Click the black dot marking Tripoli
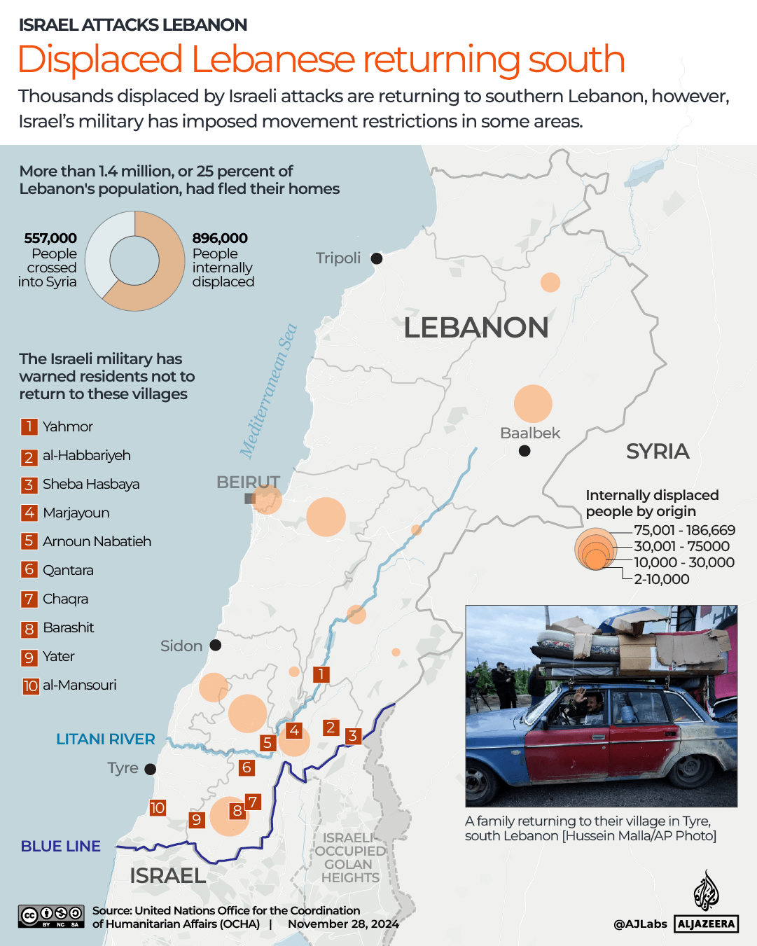[x=377, y=258]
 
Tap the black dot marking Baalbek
[x=525, y=451]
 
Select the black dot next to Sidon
[x=216, y=645]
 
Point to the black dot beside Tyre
[x=150, y=769]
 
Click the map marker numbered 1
[x=321, y=674]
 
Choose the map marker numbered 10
[x=158, y=808]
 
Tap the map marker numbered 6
[x=246, y=767]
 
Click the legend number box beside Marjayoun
[x=29, y=513]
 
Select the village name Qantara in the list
[x=68, y=570]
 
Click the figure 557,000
[x=50, y=238]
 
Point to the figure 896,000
[x=220, y=238]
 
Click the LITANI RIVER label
[x=106, y=739]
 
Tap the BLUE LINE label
[x=61, y=846]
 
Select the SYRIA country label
[x=658, y=452]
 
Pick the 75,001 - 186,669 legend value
[x=684, y=530]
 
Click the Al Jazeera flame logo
[x=706, y=891]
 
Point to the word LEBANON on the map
[x=476, y=328]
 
